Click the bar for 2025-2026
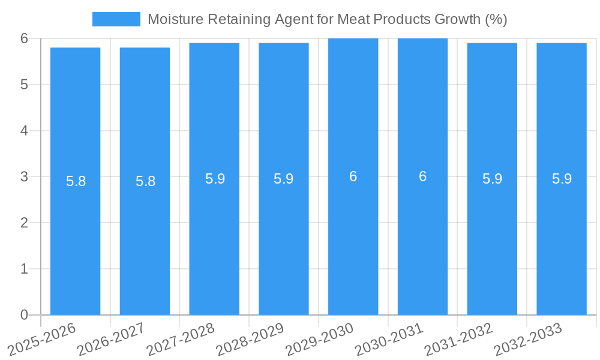click(x=75, y=180)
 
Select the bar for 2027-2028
click(x=214, y=180)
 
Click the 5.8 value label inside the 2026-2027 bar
click(x=145, y=181)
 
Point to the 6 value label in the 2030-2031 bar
click(x=422, y=176)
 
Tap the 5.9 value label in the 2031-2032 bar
click(x=492, y=179)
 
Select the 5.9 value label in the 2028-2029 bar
click(x=283, y=179)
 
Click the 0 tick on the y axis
click(x=24, y=315)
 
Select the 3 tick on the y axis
click(x=24, y=176)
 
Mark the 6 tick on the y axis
click(x=24, y=38)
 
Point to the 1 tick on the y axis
click(x=24, y=269)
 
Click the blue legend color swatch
click(x=116, y=19)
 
